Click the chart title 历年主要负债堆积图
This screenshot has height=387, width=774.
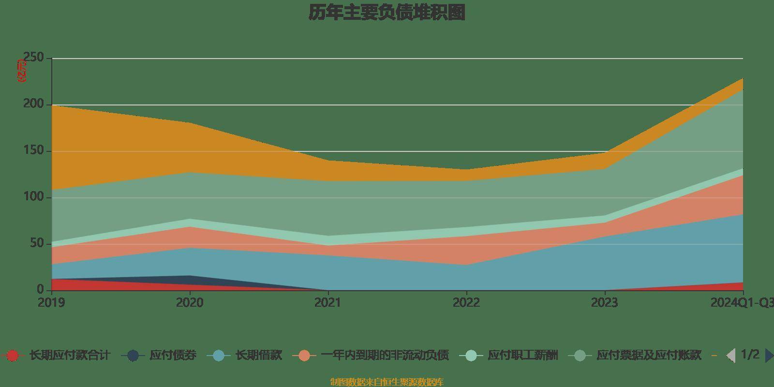[387, 13]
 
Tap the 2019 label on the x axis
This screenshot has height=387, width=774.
[51, 303]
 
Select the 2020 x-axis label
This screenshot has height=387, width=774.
[190, 303]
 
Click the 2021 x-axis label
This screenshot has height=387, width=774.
[328, 303]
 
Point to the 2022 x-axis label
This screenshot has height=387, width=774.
[466, 303]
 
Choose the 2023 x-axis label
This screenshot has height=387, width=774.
[605, 303]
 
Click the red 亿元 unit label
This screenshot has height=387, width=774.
[22, 71]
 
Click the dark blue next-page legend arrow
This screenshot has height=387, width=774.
[769, 356]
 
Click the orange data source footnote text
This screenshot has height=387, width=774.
[387, 382]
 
